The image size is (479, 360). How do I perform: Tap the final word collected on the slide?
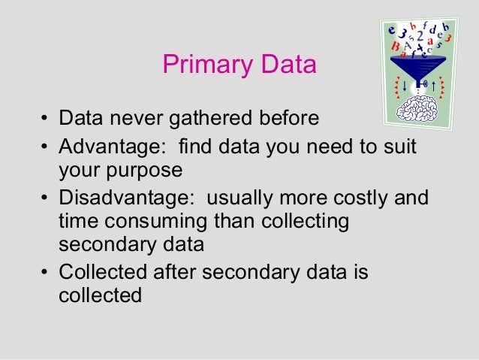click(100, 295)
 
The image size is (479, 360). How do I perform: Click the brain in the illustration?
click(421, 107)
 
